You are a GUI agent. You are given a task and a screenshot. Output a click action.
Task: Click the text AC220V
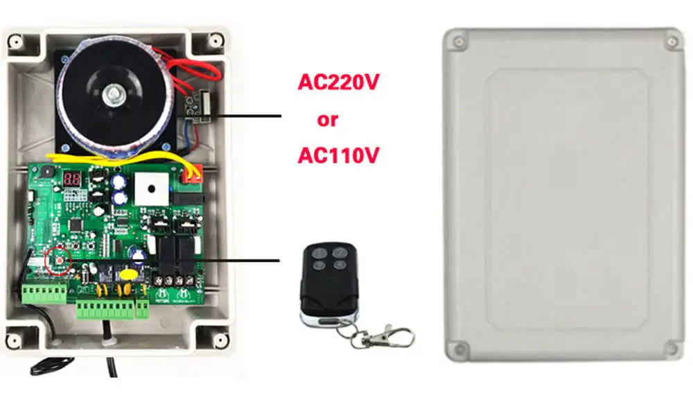[x=338, y=82]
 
